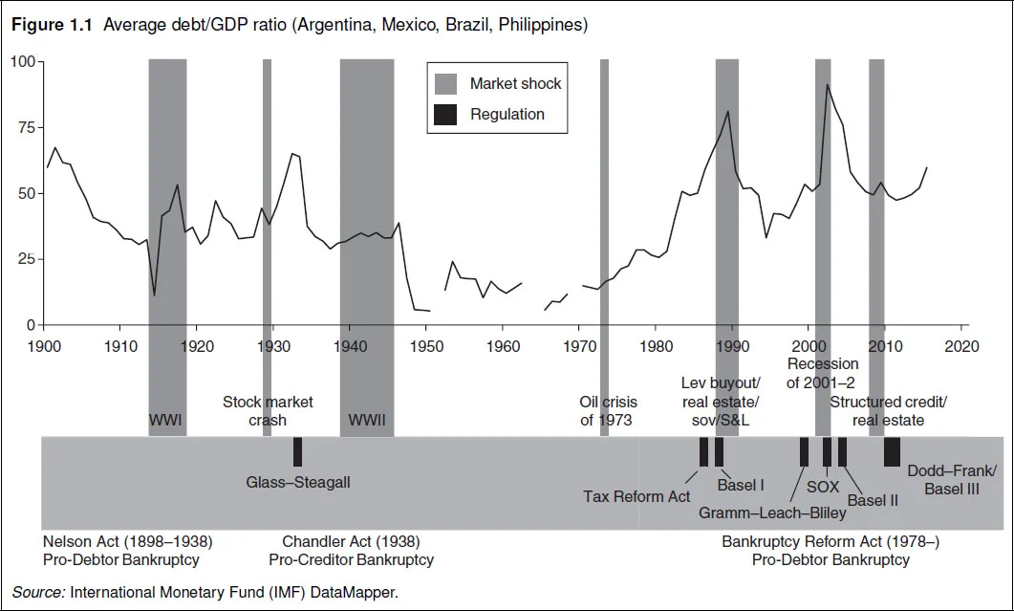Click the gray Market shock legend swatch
tap(445, 84)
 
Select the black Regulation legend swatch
tap(445, 115)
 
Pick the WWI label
tap(166, 420)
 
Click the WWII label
tap(367, 420)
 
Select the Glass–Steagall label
tap(298, 482)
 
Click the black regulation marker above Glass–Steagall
tap(297, 451)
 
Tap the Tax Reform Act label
tap(636, 496)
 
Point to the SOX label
tap(822, 488)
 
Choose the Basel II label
tap(873, 499)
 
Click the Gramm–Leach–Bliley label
tap(772, 513)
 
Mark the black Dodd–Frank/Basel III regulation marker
tap(892, 451)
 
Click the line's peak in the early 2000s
tap(827, 85)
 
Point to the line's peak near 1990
tap(728, 112)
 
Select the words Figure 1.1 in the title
tap(52, 25)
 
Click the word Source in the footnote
tap(36, 592)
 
